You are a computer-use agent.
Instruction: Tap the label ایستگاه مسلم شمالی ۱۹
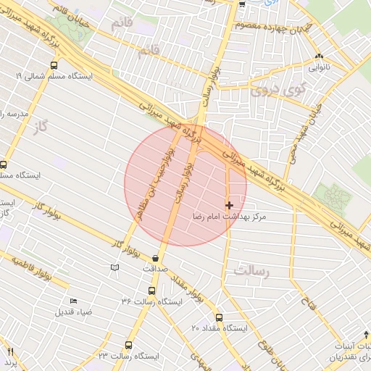[47, 76]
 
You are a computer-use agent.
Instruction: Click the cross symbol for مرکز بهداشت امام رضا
[230, 206]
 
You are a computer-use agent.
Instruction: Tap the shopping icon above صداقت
[156, 258]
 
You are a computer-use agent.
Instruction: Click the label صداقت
[155, 268]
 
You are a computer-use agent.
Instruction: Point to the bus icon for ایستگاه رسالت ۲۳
[129, 345]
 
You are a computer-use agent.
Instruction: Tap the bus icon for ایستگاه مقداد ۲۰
[219, 317]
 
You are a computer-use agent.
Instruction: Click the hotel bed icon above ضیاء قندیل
[72, 301]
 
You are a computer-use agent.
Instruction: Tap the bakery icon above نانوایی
[319, 57]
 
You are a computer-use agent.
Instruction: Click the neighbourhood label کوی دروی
[270, 92]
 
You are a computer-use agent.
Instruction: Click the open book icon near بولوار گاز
[114, 267]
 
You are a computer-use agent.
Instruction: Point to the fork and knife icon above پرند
[9, 351]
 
